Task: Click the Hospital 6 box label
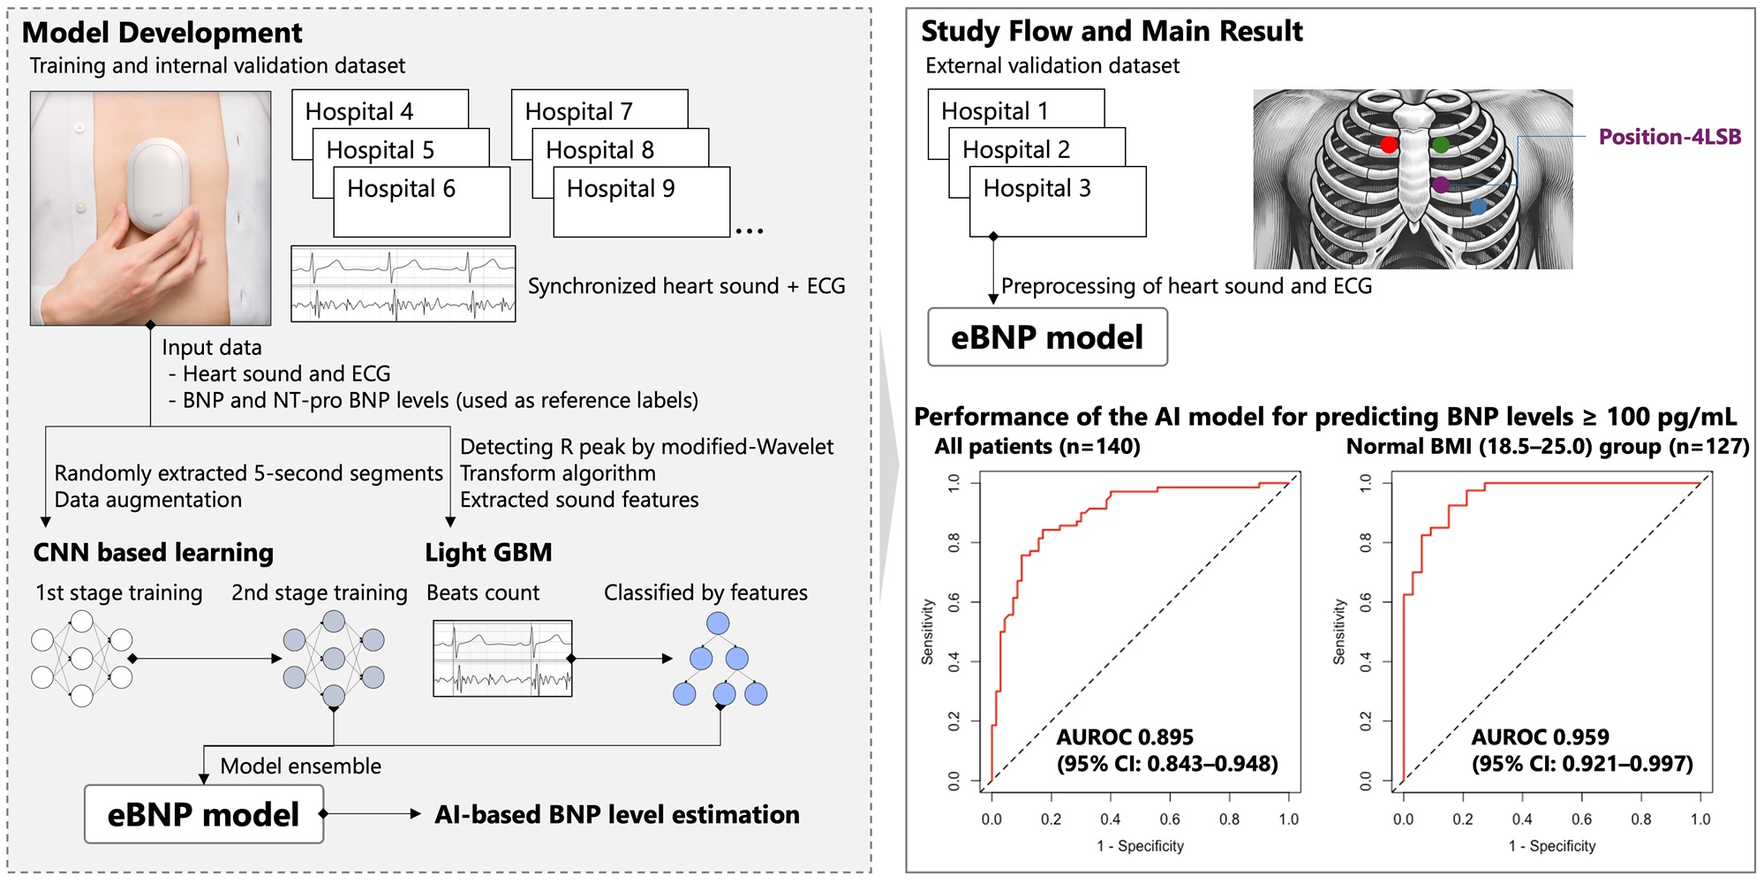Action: tap(401, 189)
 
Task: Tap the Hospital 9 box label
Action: tap(621, 189)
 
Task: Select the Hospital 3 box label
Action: tap(1037, 189)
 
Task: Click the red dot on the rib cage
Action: tap(1389, 144)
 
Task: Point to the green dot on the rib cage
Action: tap(1441, 144)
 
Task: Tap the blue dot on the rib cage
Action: tap(1479, 207)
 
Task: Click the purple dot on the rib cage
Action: tap(1441, 185)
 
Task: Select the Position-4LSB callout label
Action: tap(1670, 137)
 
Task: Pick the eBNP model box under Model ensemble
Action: tap(204, 814)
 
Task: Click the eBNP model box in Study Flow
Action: tap(1047, 337)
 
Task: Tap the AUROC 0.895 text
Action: tap(1125, 737)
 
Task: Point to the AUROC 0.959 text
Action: tap(1540, 737)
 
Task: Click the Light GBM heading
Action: tap(488, 553)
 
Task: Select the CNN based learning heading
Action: tap(154, 553)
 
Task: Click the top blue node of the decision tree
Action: tap(718, 623)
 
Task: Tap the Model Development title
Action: tap(162, 33)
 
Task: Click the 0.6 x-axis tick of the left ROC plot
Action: tap(1170, 819)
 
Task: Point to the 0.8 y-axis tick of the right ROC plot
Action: tap(1366, 542)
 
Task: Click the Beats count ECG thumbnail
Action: tap(502, 659)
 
